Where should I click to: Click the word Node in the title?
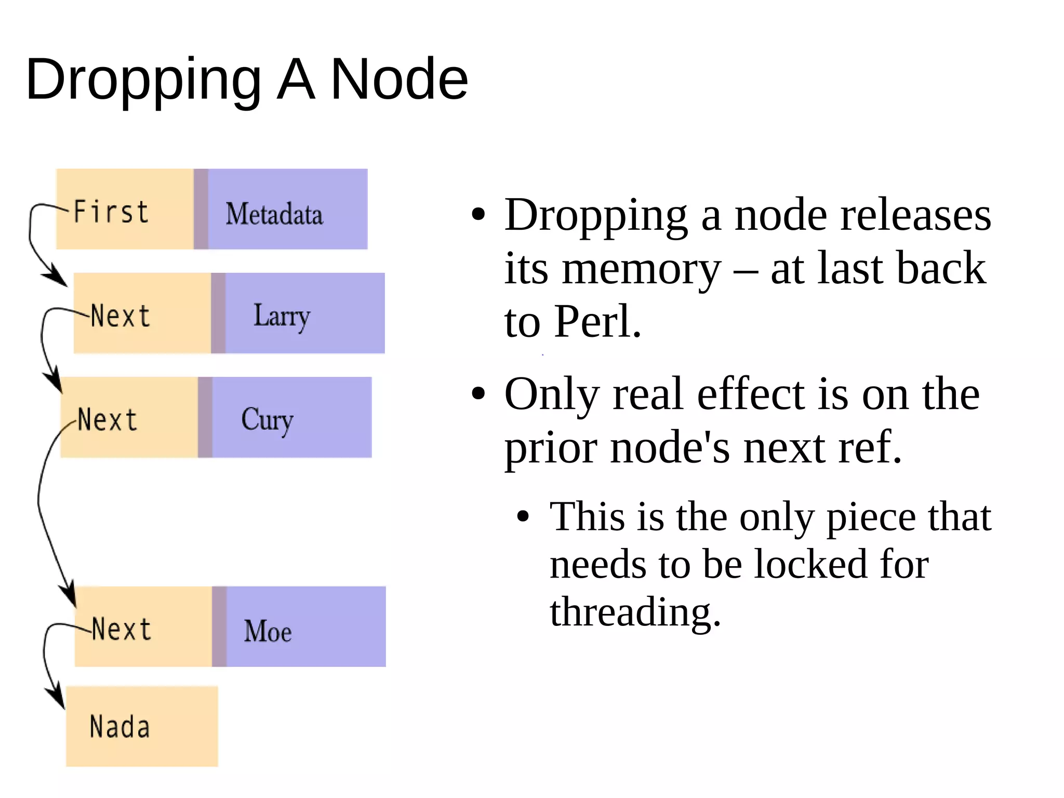tap(399, 79)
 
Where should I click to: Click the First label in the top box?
tap(111, 212)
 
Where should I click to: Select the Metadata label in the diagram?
tap(274, 214)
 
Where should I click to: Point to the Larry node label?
tap(282, 316)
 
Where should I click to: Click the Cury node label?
tap(267, 420)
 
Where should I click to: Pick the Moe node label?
tap(268, 631)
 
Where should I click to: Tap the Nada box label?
tap(119, 727)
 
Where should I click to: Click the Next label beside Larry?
tap(121, 316)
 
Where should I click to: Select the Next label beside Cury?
tap(108, 420)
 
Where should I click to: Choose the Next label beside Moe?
tap(122, 630)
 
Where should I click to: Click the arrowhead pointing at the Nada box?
tap(57, 698)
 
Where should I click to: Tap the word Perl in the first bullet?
tap(597, 321)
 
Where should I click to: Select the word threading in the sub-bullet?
tap(635, 611)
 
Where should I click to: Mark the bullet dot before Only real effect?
tap(478, 394)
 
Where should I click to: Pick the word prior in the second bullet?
tap(550, 448)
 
